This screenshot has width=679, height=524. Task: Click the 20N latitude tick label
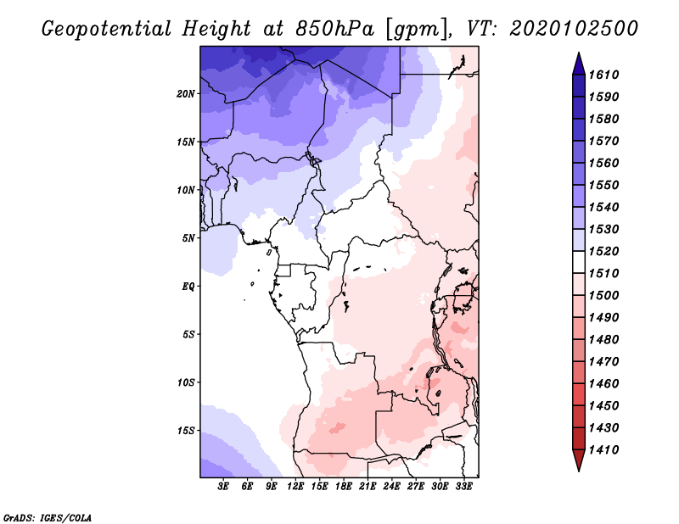[186, 93]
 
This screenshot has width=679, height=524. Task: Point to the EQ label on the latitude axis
[188, 286]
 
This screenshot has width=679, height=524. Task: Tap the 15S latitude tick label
[186, 431]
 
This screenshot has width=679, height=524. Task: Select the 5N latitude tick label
[188, 238]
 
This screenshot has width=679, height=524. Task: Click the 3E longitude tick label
[223, 486]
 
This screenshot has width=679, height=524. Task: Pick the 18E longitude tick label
[344, 486]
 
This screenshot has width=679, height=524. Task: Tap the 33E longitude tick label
[463, 486]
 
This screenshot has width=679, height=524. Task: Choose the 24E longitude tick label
[391, 486]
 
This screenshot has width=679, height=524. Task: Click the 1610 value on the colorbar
[603, 75]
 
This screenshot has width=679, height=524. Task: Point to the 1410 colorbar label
[603, 449]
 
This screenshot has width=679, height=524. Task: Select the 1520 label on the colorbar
[603, 251]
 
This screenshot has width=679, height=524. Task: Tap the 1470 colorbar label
[603, 361]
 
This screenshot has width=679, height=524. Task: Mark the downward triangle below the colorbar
[579, 459]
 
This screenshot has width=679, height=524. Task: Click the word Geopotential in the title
[107, 29]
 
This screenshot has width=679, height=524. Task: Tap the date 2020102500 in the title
[574, 29]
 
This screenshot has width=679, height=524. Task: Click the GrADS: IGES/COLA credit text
[48, 517]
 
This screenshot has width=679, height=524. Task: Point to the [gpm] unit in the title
[418, 30]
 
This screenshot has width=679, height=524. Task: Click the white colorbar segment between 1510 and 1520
[579, 262]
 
